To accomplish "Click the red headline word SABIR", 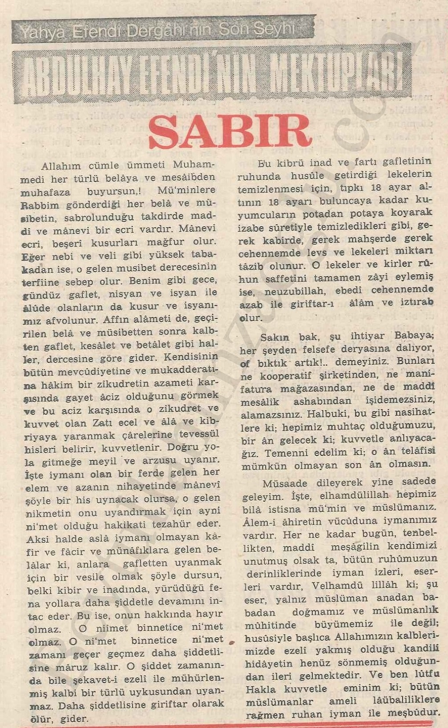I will (230, 131).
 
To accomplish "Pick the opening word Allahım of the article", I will (61, 166).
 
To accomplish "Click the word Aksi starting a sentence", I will (38, 539).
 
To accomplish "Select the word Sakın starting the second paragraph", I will (275, 337).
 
